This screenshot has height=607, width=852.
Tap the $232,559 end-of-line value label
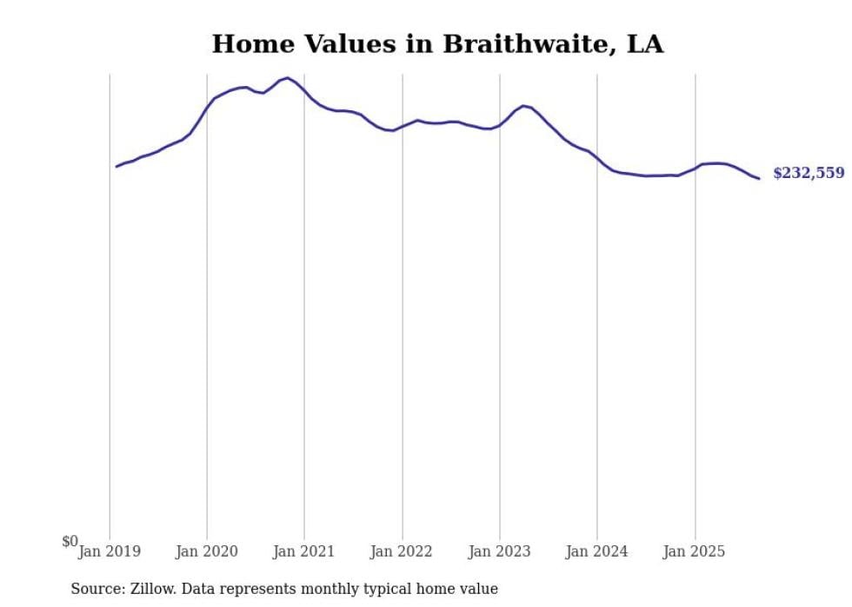(x=808, y=173)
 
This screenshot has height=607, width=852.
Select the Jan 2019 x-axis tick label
(x=110, y=551)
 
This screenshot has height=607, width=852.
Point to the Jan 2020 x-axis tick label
(x=207, y=551)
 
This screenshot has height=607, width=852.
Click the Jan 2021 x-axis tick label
(x=304, y=551)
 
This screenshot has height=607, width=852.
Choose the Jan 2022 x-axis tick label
(x=402, y=551)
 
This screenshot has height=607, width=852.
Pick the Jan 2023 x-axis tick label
(x=499, y=551)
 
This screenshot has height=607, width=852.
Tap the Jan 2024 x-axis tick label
(x=596, y=551)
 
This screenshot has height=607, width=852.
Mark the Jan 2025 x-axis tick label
(x=694, y=551)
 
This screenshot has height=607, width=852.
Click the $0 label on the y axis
(x=70, y=541)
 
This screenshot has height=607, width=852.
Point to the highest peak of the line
(x=288, y=78)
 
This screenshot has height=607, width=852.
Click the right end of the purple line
(x=759, y=179)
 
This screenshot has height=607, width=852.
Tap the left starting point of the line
(x=116, y=166)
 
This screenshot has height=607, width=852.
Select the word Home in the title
(x=246, y=44)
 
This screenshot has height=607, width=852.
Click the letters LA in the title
(x=644, y=44)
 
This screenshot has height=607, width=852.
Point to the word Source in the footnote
(x=97, y=589)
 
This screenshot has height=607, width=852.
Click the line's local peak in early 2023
(x=523, y=106)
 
